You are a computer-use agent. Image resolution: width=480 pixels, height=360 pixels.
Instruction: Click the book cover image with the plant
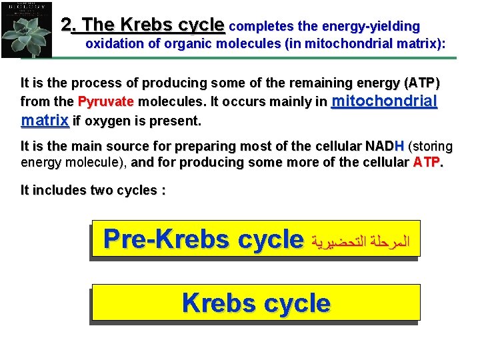(27, 29)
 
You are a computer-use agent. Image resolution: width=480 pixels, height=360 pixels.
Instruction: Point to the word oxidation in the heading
(114, 45)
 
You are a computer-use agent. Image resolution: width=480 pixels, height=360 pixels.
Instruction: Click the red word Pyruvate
(105, 103)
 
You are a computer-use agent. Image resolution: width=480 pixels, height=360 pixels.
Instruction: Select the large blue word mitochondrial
(384, 101)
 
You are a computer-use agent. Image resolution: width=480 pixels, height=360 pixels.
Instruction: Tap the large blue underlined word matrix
(45, 121)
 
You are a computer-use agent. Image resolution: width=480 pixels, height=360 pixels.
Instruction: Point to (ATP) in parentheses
(422, 84)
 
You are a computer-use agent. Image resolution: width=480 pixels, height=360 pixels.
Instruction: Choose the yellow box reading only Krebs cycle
(256, 303)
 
